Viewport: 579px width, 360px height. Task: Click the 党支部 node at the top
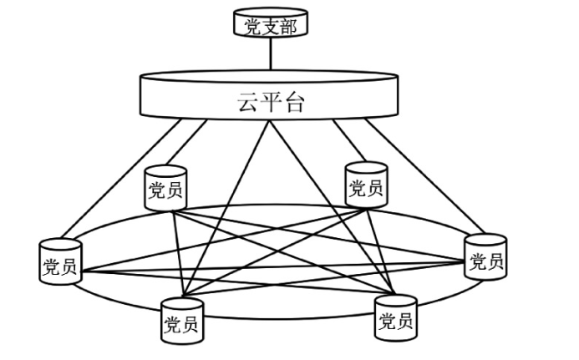270,25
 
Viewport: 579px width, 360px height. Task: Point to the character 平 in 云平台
270,102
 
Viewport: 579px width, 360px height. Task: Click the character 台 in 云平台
292,102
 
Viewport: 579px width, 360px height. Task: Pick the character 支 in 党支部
270,28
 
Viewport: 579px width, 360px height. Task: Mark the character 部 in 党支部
287,28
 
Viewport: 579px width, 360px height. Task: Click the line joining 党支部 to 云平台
270,54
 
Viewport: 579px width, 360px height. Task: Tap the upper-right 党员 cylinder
366,185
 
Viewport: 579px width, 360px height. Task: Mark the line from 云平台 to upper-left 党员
187,142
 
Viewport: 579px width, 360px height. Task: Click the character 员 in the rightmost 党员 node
495,263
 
